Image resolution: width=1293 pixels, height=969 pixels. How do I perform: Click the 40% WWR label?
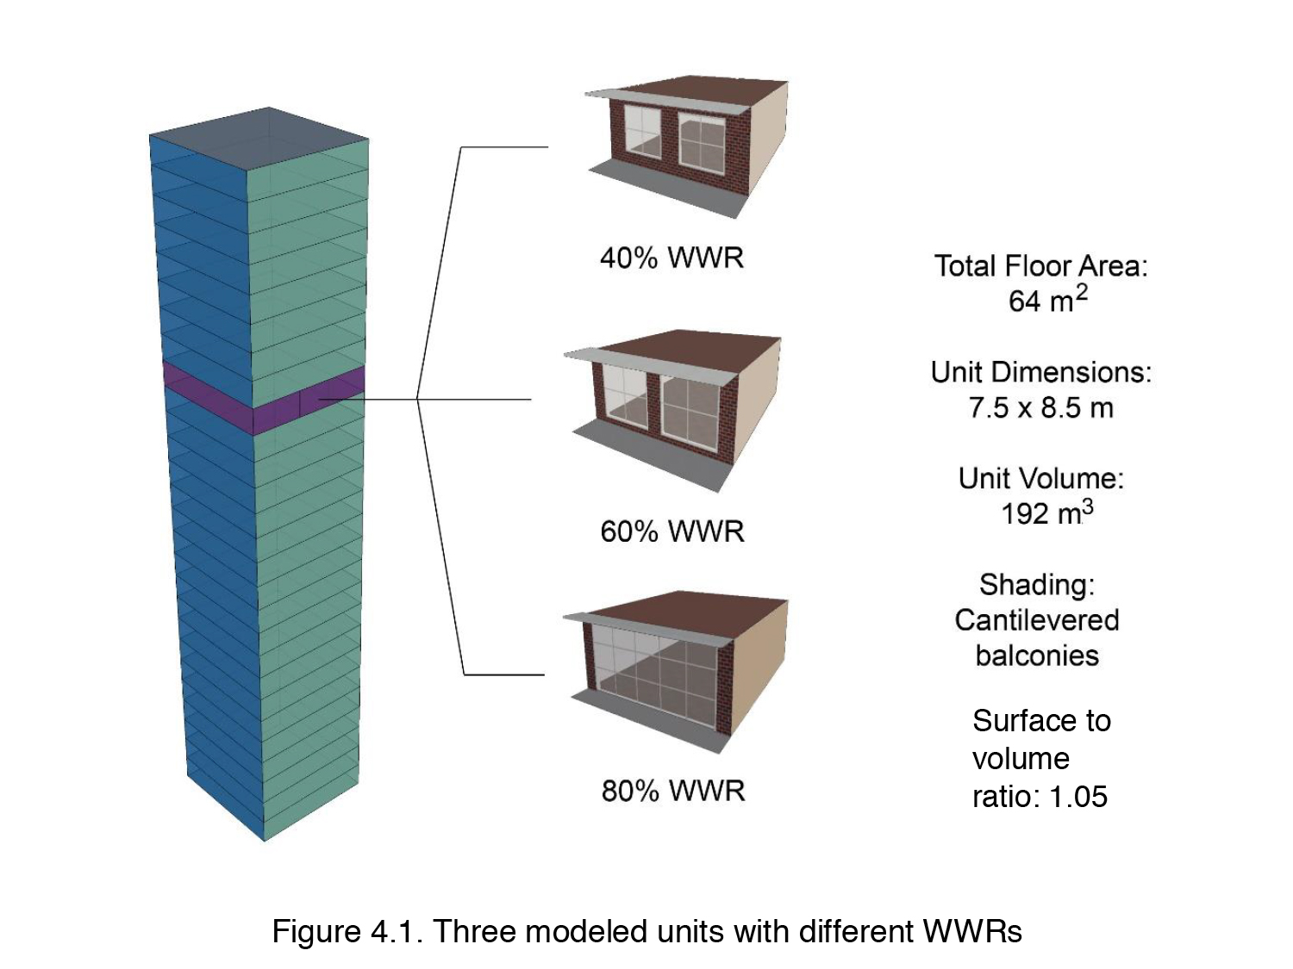point(671,257)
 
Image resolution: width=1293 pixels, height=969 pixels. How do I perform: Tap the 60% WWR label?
point(672,531)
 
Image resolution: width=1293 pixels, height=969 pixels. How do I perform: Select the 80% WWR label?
point(673,790)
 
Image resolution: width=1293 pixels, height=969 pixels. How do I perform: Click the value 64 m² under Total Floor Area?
point(1047,301)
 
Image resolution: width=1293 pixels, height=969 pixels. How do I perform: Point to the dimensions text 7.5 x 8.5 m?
point(1040,407)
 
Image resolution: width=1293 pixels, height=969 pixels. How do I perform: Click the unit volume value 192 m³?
point(1046,513)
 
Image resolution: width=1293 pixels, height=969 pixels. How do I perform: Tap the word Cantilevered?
point(1037,620)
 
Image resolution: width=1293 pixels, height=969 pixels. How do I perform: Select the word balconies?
point(1037,655)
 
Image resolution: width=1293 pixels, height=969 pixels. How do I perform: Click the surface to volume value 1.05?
point(1077,797)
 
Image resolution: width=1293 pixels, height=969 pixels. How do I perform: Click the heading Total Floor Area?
point(1040,265)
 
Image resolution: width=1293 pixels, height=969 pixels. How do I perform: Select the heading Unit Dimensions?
point(1040,372)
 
